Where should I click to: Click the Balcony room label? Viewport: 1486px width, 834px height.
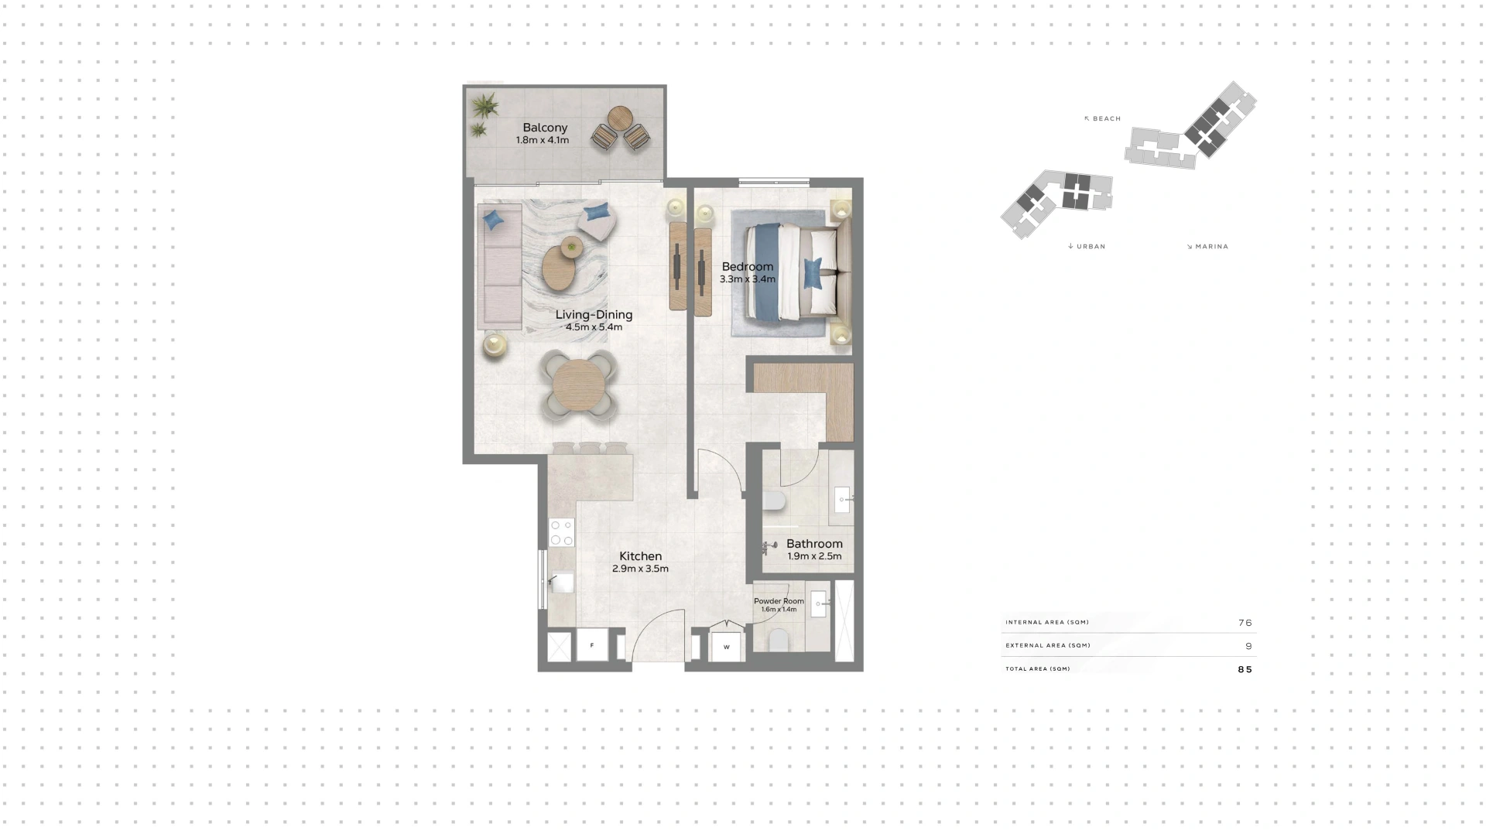(545, 128)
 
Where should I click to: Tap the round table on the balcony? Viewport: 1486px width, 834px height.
(620, 118)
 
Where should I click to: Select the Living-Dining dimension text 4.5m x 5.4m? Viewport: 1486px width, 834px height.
(594, 327)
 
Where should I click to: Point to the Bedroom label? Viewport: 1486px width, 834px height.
(748, 267)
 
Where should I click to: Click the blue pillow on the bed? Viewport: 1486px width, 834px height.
(813, 274)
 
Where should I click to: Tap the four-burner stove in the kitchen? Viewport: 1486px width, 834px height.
(562, 533)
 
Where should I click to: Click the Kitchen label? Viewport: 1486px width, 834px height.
(641, 556)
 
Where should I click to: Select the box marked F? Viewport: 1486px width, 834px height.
(592, 646)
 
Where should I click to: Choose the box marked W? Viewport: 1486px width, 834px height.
(726, 647)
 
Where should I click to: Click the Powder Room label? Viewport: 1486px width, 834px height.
(779, 601)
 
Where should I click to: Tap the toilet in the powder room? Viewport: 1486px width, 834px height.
(779, 641)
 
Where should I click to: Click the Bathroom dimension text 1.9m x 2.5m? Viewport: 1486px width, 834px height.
(814, 556)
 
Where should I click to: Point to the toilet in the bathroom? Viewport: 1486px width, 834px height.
(774, 501)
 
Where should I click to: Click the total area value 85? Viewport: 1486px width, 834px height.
(1245, 670)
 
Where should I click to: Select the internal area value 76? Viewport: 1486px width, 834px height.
(1245, 623)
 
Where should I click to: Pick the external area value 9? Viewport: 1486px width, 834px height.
(1248, 646)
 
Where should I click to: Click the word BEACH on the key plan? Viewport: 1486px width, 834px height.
(1107, 119)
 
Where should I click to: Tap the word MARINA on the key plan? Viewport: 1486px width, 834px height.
(1212, 247)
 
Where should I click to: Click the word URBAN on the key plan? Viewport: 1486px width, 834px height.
(1091, 247)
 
